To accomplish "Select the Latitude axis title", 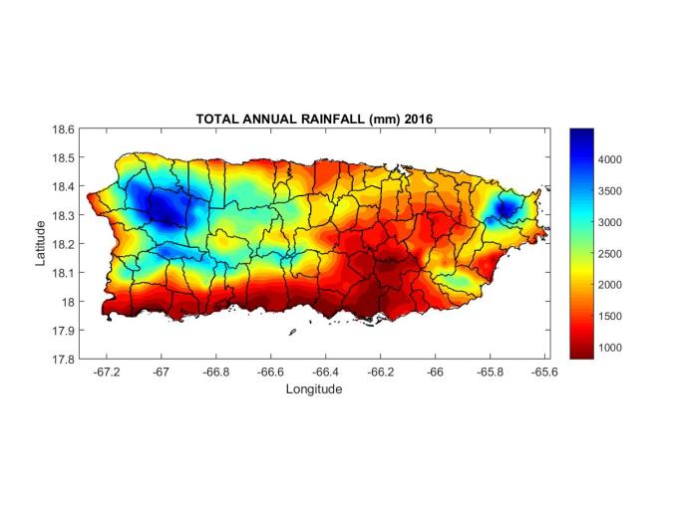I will [x=41, y=243].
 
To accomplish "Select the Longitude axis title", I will [x=314, y=388].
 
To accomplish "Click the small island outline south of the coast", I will [x=292, y=333].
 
